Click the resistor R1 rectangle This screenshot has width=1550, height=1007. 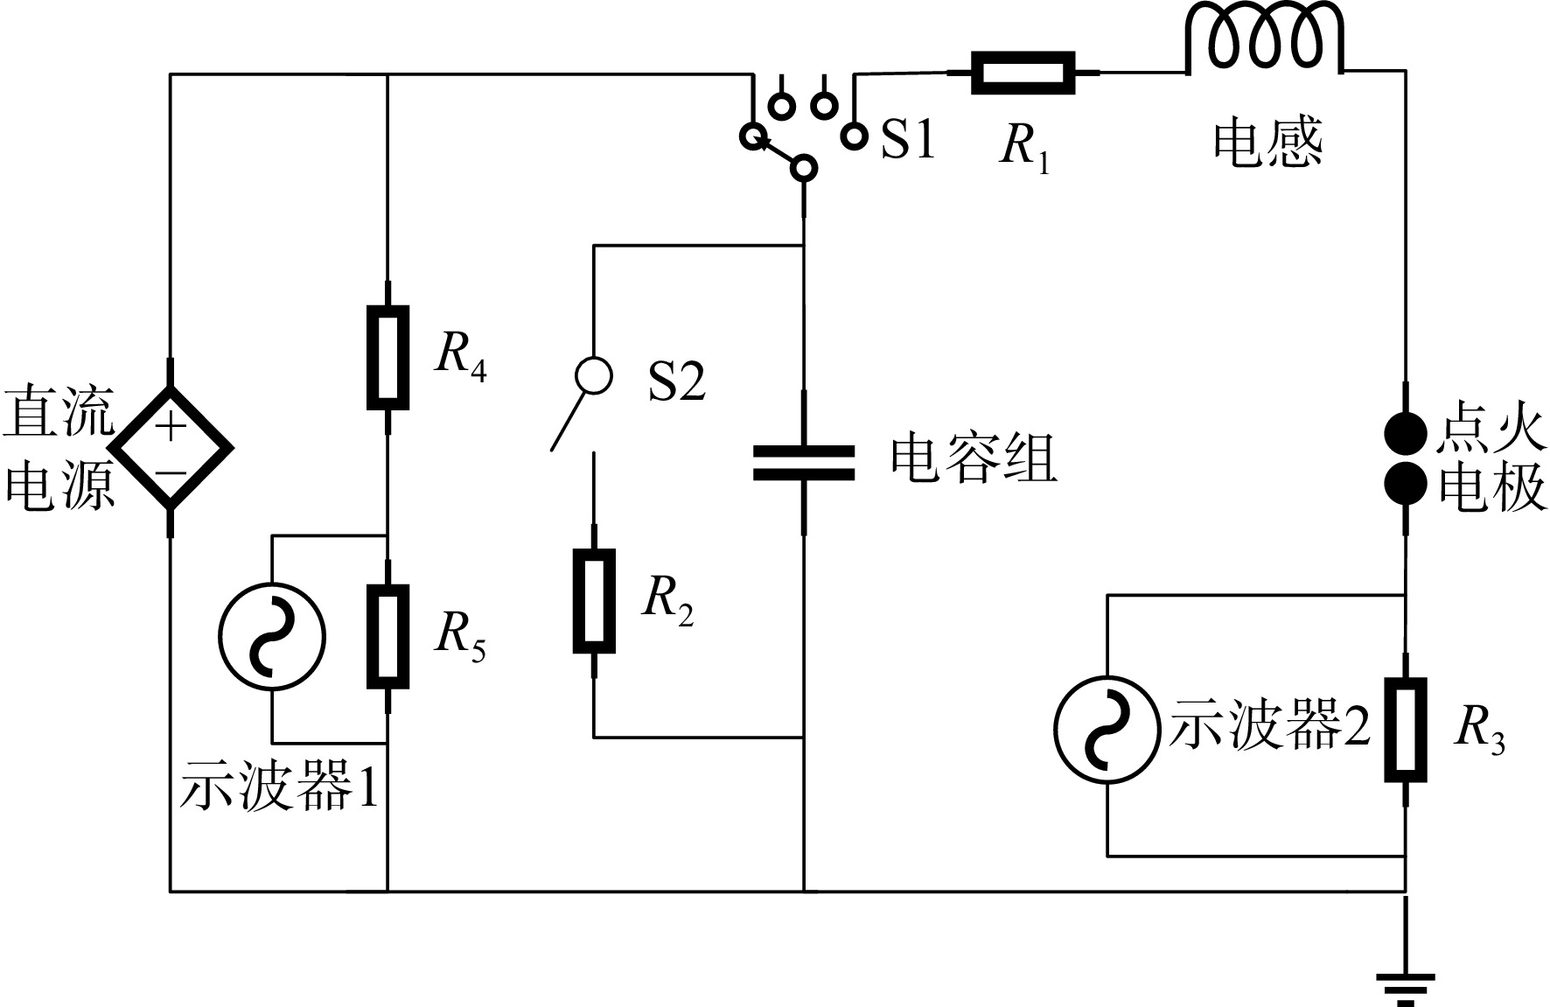[x=1023, y=73]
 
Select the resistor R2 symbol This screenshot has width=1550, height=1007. [x=594, y=601]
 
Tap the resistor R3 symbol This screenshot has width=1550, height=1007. [x=1406, y=729]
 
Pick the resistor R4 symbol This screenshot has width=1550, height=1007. [x=387, y=358]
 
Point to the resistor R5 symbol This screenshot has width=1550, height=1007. [x=387, y=637]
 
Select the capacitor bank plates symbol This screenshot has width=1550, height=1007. [x=804, y=464]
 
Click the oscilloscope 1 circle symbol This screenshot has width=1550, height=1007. [x=272, y=637]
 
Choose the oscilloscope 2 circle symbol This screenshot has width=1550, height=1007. [x=1107, y=729]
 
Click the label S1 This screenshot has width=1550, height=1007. [x=908, y=140]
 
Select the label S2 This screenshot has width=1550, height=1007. [x=676, y=381]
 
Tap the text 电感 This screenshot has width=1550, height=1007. [x=1267, y=143]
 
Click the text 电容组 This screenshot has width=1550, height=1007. [x=974, y=458]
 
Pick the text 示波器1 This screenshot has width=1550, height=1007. [x=280, y=790]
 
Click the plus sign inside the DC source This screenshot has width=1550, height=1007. [x=171, y=428]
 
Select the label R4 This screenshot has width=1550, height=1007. [x=461, y=356]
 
